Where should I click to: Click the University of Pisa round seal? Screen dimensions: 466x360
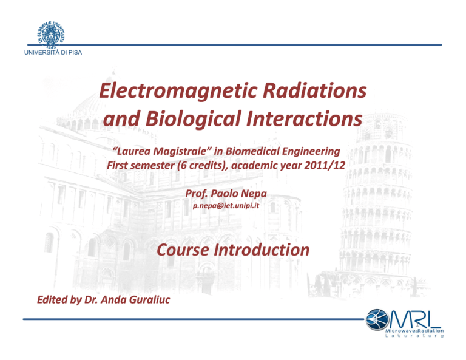(51, 35)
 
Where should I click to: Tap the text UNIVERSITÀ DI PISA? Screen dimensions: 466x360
(53, 53)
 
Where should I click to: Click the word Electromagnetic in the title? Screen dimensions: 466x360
(178, 91)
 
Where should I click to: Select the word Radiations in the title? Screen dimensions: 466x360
(314, 90)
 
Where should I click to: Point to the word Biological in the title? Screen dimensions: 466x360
(193, 119)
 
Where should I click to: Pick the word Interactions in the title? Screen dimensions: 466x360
(305, 118)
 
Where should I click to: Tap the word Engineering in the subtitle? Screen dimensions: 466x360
(311, 152)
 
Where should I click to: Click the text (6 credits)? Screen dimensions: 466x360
(202, 165)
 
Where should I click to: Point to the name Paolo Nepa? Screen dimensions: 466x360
(238, 194)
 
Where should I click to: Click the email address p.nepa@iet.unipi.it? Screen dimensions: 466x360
(226, 206)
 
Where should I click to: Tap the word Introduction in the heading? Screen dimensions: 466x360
(262, 250)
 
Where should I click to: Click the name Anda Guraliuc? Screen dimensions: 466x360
(135, 300)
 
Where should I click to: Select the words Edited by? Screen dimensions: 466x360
(59, 300)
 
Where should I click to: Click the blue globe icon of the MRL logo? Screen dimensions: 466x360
(377, 319)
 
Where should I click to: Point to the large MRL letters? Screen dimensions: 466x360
(415, 319)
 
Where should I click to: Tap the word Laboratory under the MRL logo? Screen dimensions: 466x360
(414, 336)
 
